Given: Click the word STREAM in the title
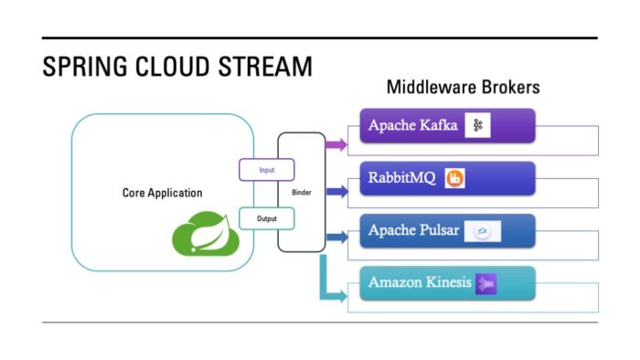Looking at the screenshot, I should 266,68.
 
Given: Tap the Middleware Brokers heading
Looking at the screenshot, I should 463,88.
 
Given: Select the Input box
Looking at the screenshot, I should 266,169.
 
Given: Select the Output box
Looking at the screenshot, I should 266,218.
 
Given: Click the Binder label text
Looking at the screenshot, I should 302,194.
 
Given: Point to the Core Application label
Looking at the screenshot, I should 162,193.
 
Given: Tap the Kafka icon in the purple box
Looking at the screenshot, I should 476,126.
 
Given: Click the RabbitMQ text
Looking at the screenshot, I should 402,178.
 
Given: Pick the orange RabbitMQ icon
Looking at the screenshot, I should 454,179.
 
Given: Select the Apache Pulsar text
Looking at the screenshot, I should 412,230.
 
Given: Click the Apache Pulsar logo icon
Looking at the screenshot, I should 482,232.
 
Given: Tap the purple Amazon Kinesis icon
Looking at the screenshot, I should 485,283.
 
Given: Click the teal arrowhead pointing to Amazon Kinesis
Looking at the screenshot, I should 340,295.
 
